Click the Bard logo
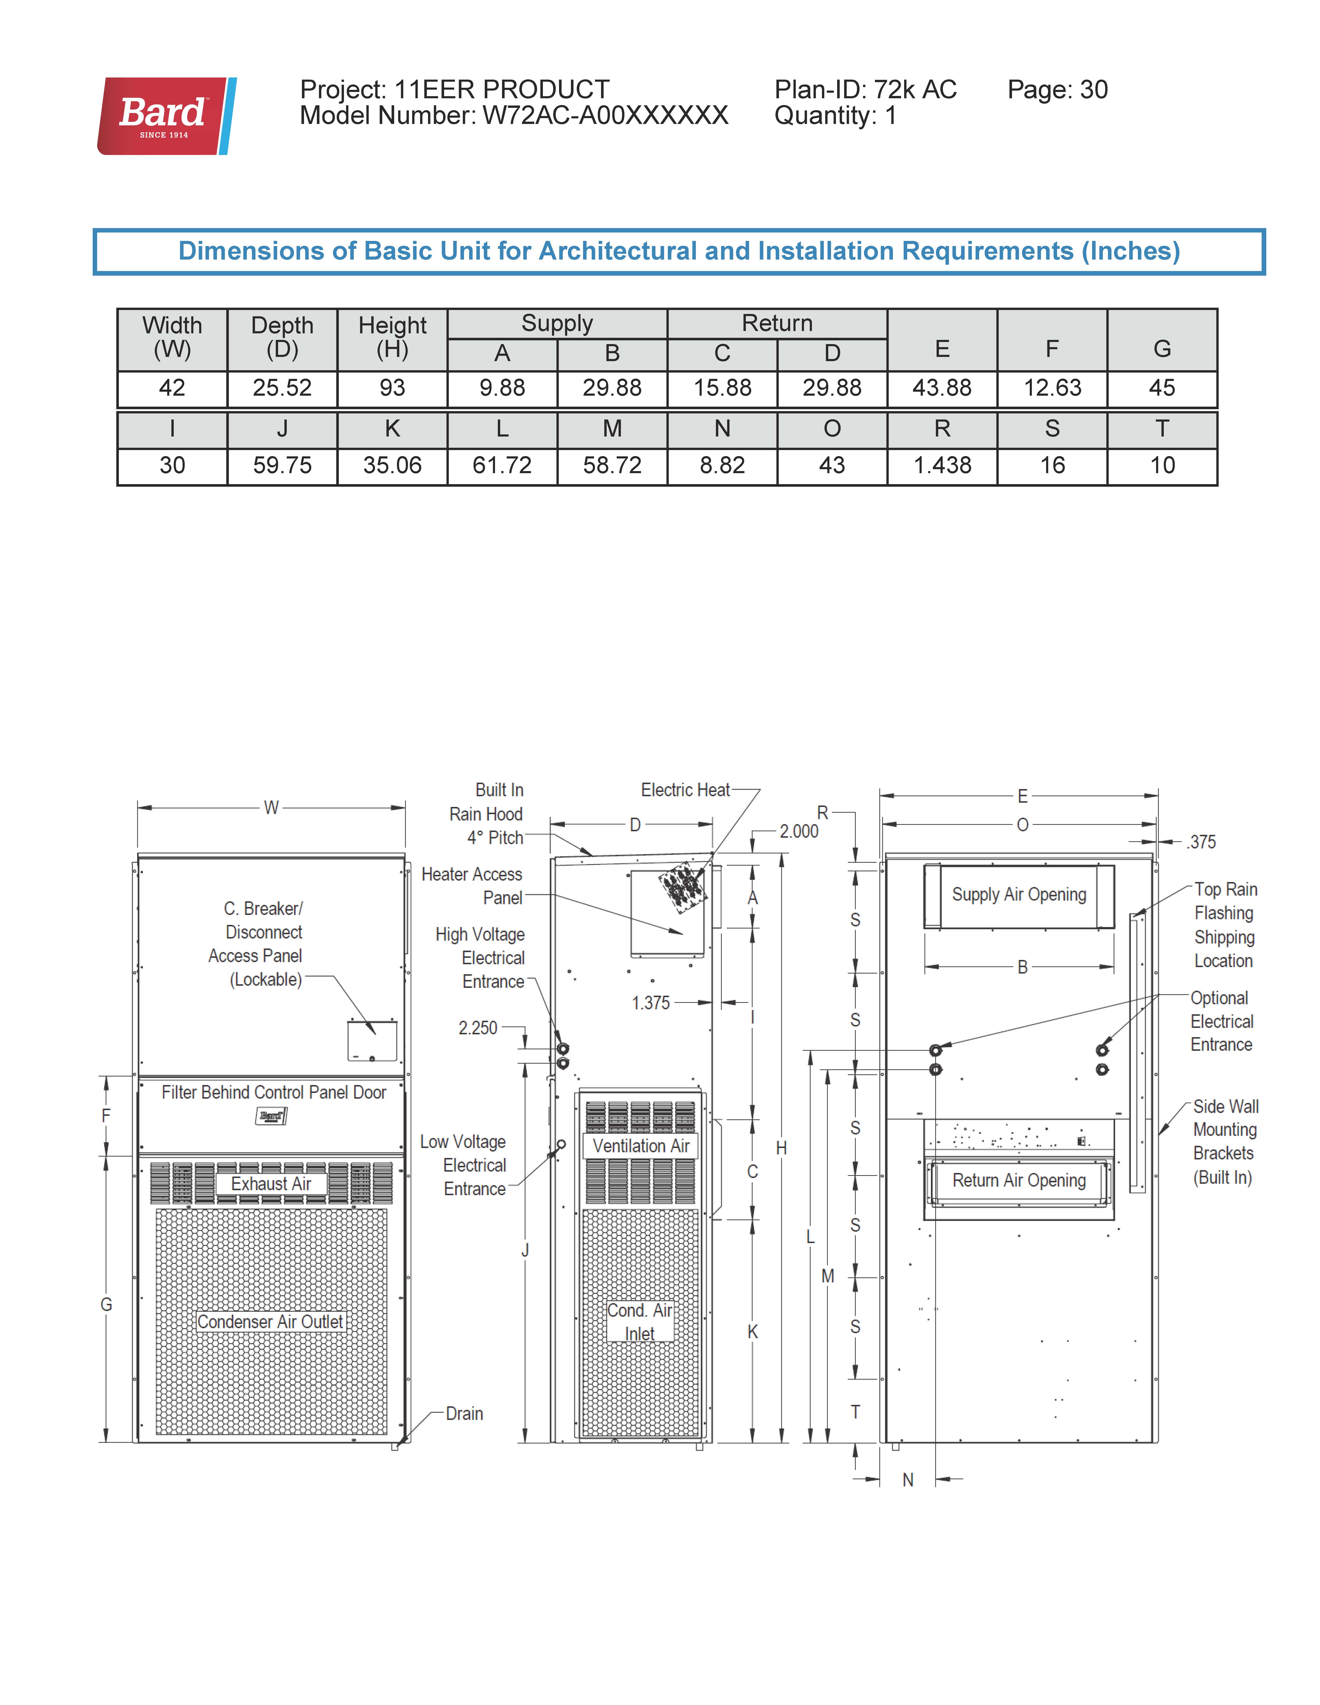166,116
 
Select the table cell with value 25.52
282,388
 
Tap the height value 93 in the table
392,388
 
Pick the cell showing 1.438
942,465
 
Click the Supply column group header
557,323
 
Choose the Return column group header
777,323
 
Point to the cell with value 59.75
282,465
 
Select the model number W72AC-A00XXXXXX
605,116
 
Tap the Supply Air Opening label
1019,895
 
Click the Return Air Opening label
1019,1180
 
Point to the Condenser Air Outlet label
270,1322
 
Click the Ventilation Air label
641,1146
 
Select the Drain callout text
464,1414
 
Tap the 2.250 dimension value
477,1028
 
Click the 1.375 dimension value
651,1003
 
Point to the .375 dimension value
1201,842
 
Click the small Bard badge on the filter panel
271,1116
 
